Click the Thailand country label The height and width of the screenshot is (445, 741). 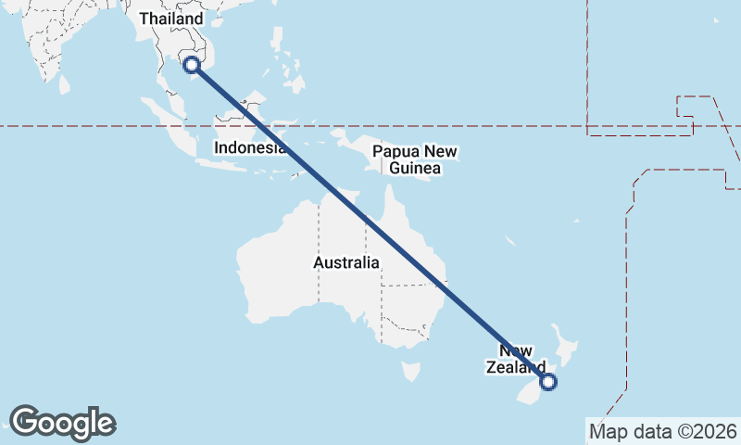[170, 19]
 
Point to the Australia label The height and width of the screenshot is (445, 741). [345, 262]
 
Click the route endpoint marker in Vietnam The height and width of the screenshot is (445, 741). [192, 65]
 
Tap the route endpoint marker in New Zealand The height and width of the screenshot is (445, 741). [547, 381]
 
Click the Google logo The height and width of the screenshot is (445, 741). [63, 423]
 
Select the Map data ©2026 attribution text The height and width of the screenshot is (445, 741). [663, 431]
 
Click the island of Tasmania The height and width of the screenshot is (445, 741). [410, 372]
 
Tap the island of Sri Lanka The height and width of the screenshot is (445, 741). [64, 84]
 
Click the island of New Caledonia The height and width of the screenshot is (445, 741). [510, 241]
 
